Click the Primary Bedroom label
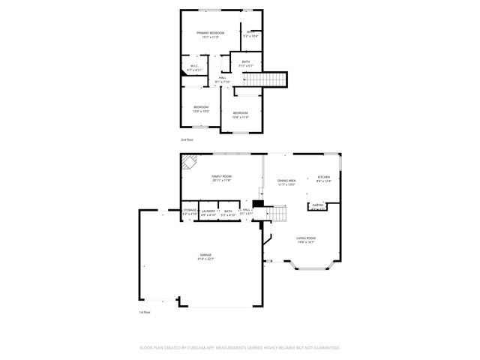(x=211, y=33)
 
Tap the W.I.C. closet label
(x=193, y=67)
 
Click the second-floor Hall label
(x=223, y=78)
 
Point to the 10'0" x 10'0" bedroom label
(x=201, y=107)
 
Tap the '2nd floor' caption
(x=187, y=140)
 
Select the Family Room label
(x=221, y=176)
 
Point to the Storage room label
(x=190, y=211)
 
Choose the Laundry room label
(x=209, y=211)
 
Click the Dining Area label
(x=286, y=180)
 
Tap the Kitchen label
(x=323, y=177)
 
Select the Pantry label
(x=318, y=205)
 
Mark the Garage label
(x=205, y=255)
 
